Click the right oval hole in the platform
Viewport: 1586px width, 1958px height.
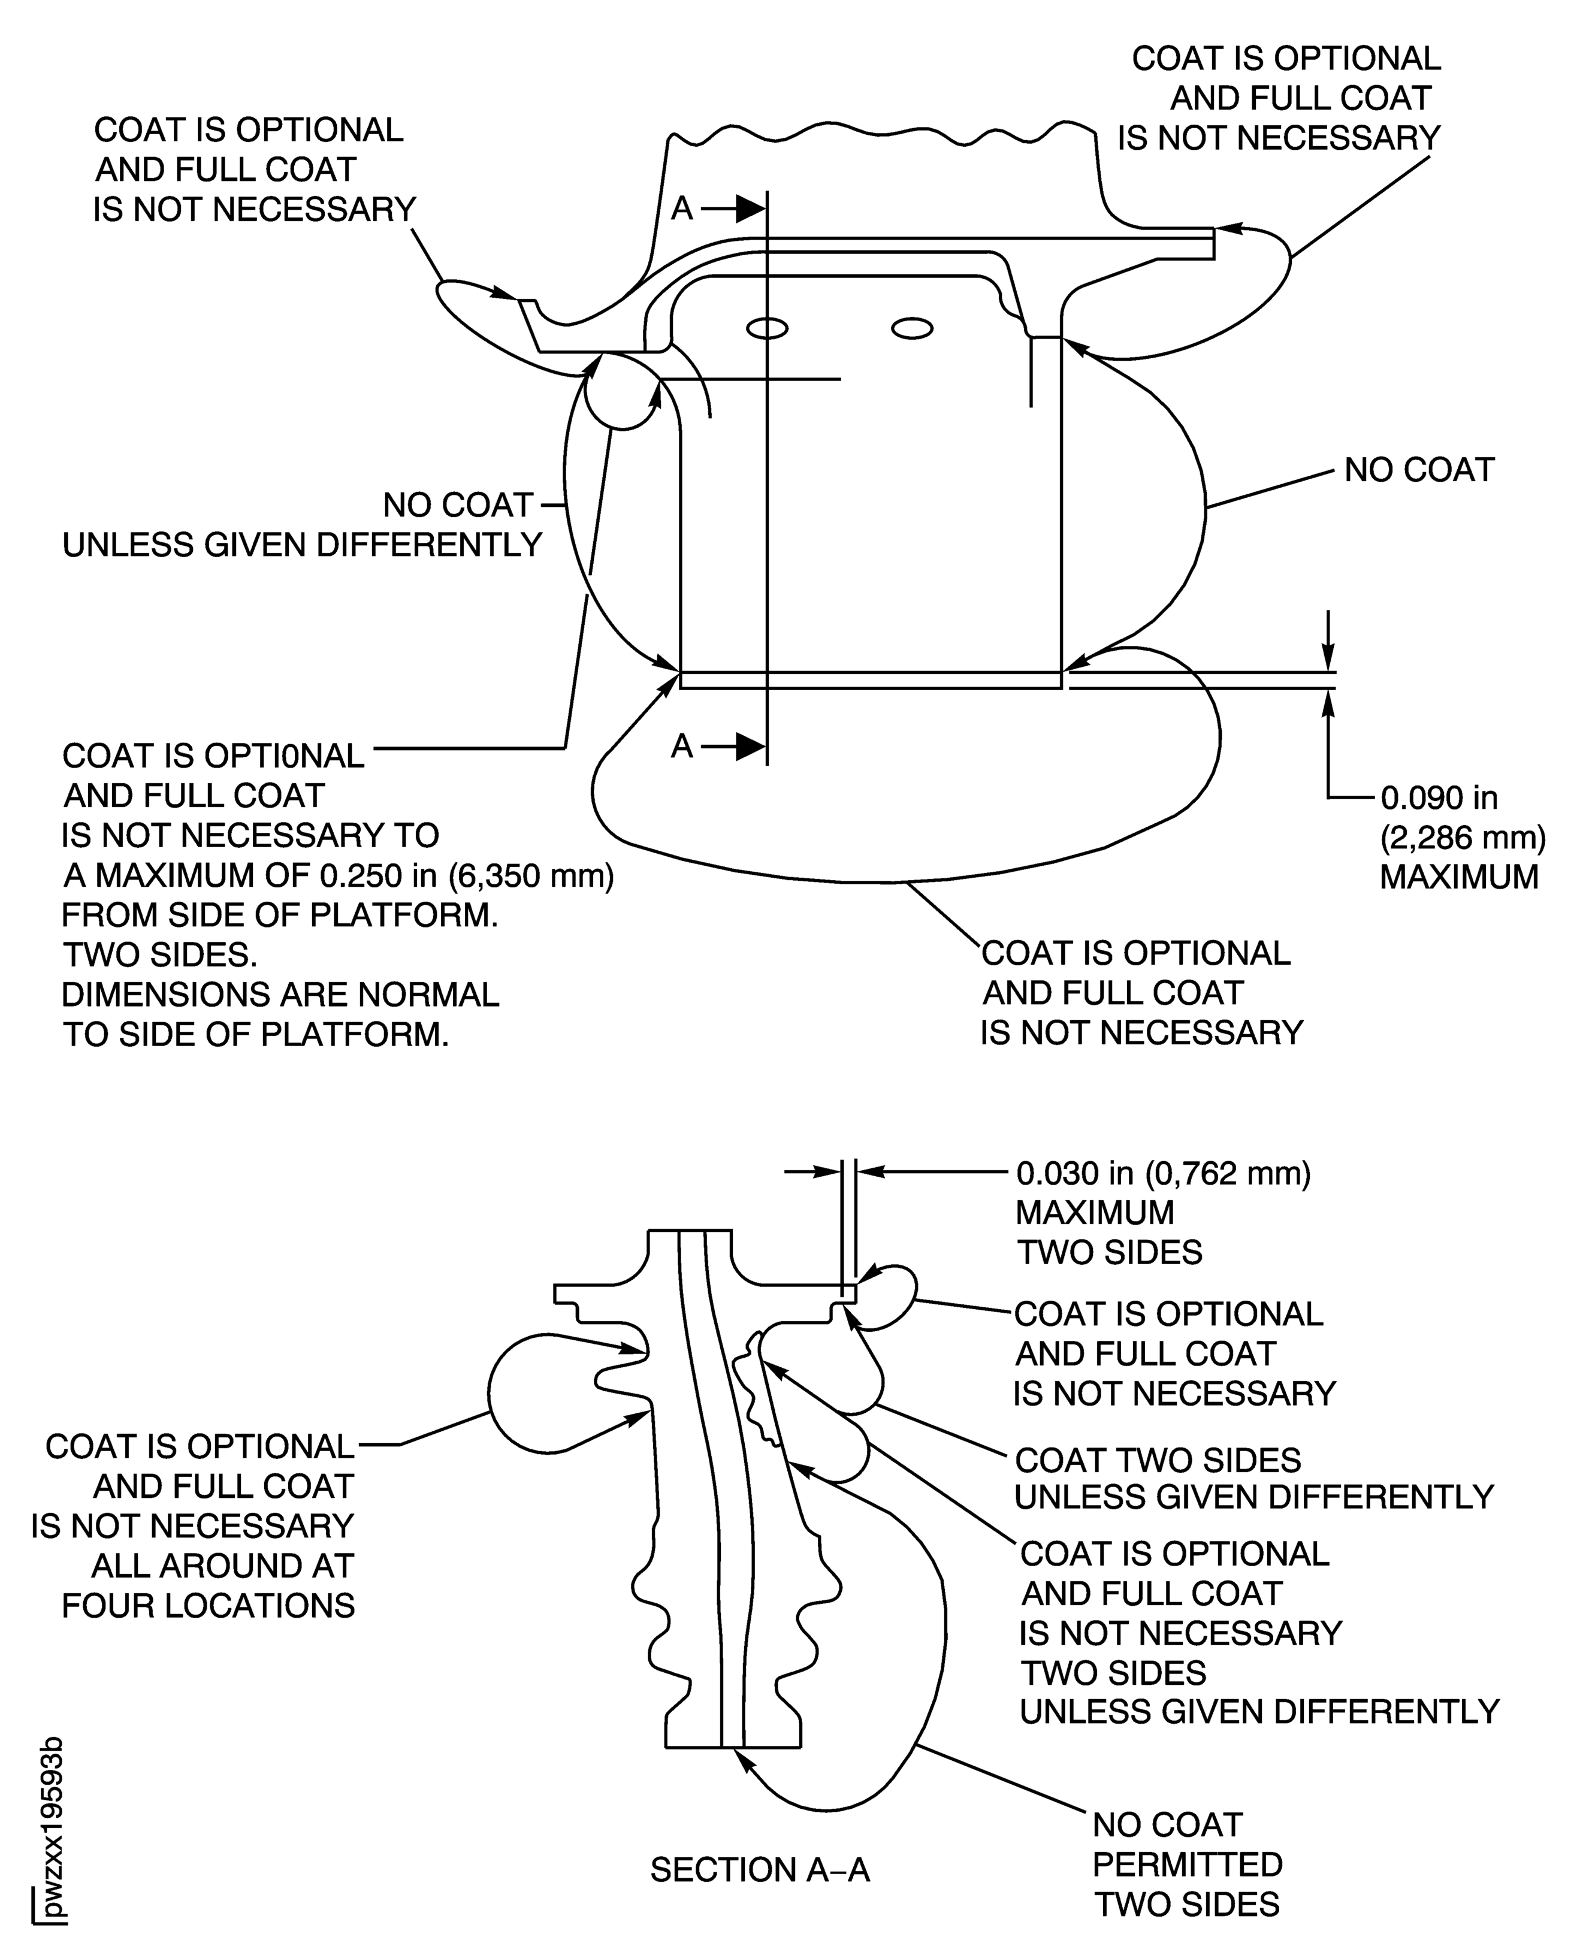[x=912, y=328]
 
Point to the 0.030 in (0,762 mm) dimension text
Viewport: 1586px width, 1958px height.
[x=1163, y=1173]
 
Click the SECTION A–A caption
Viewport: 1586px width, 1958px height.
[x=759, y=1871]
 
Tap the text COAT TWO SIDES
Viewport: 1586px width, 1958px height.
[x=1158, y=1460]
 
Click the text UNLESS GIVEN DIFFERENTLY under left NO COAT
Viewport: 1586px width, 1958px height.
[x=301, y=545]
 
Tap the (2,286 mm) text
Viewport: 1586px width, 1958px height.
[x=1462, y=837]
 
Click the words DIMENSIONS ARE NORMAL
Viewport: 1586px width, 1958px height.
[x=280, y=994]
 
